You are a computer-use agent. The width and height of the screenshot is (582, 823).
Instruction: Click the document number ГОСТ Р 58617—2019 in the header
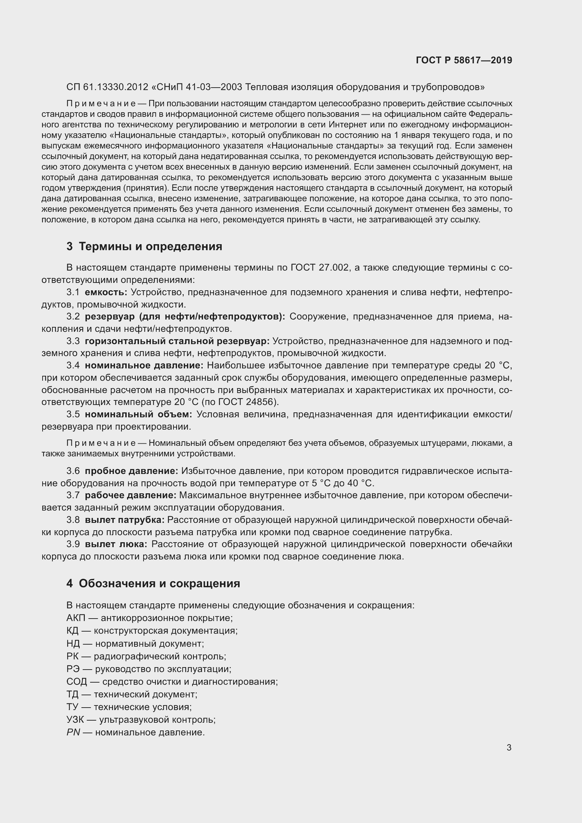[x=464, y=60]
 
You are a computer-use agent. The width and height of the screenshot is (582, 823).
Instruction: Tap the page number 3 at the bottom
[x=509, y=748]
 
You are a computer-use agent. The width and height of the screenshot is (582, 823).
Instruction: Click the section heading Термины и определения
[x=150, y=247]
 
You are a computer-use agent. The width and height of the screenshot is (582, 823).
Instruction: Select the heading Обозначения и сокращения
[x=159, y=583]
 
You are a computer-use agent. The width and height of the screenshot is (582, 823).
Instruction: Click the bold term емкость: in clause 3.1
[x=106, y=292]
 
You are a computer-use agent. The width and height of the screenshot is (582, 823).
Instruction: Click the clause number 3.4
[x=73, y=365]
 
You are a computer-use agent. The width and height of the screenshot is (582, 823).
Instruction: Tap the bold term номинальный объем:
[x=138, y=414]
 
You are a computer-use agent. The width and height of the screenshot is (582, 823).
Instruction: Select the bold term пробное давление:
[x=131, y=471]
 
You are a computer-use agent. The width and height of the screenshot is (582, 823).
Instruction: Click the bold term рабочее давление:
[x=131, y=495]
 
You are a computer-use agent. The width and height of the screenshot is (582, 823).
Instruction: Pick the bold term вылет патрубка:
[x=124, y=519]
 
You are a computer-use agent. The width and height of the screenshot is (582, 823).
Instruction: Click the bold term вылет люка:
[x=116, y=544]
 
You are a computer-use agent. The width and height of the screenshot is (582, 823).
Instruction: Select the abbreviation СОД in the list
[x=77, y=682]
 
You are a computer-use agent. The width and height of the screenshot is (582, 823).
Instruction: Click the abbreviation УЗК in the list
[x=75, y=720]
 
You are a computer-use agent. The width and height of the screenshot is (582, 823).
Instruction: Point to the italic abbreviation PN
[x=73, y=732]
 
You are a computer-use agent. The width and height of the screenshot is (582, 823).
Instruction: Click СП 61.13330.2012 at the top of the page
[x=107, y=87]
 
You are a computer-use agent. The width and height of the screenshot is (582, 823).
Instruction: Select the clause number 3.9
[x=73, y=544]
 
